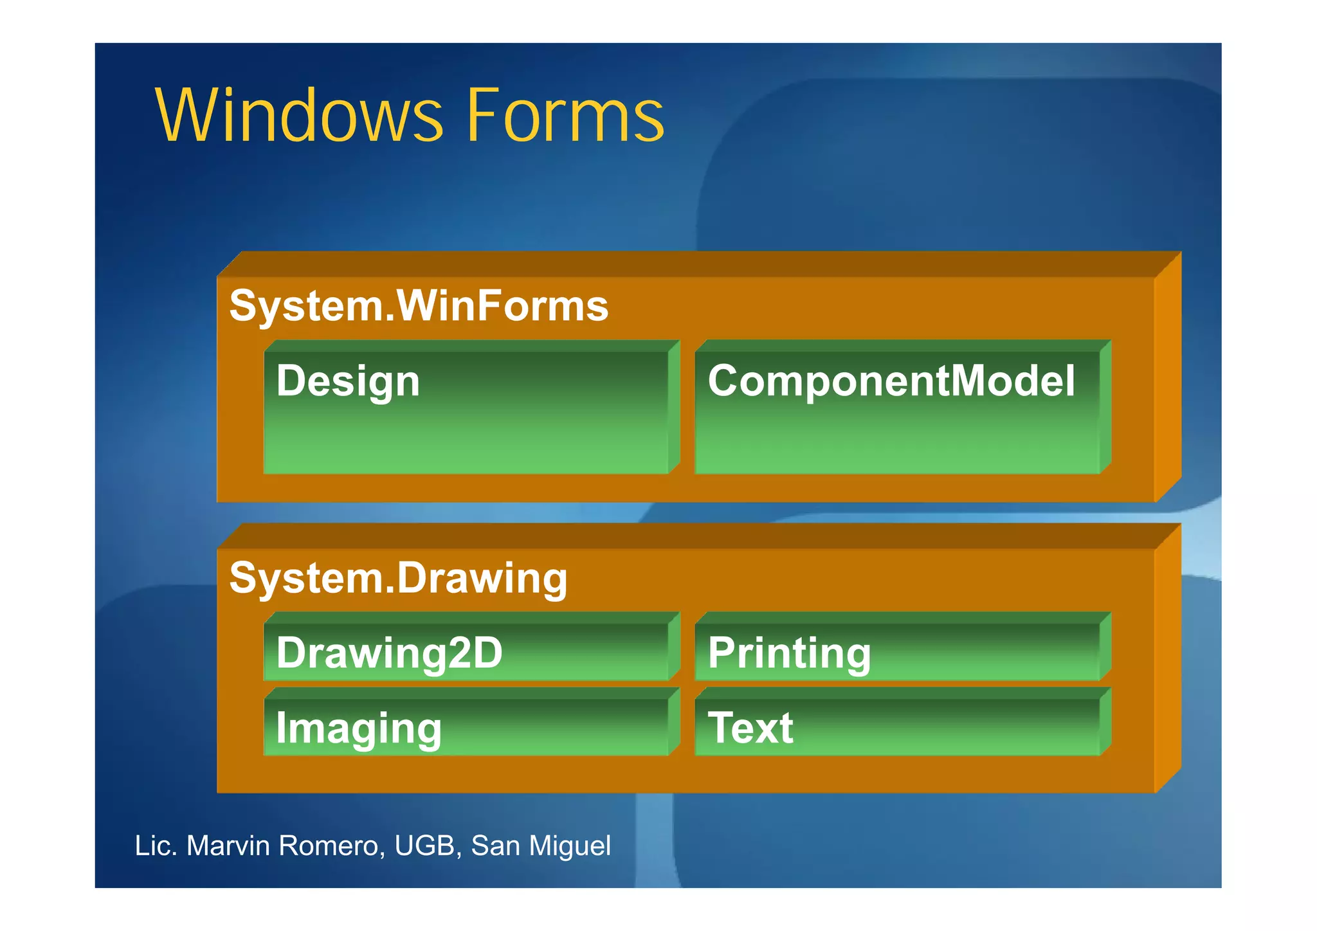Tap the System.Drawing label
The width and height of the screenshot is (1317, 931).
pyautogui.click(x=398, y=578)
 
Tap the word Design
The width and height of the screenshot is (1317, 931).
pyautogui.click(x=348, y=381)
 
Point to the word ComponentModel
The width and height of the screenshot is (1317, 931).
pyautogui.click(x=891, y=381)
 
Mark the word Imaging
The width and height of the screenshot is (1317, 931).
pyautogui.click(x=359, y=728)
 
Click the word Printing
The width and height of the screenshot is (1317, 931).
pyautogui.click(x=789, y=653)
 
